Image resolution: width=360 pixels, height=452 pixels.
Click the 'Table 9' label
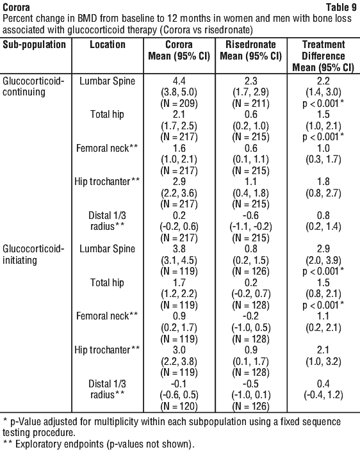(341, 6)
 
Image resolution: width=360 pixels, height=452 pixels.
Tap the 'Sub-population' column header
(35, 45)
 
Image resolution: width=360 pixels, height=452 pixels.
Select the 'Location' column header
(108, 45)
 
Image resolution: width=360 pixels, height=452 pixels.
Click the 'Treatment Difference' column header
(323, 50)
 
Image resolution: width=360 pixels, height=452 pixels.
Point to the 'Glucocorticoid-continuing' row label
(33, 86)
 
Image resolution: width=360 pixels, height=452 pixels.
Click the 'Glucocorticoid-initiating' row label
(33, 254)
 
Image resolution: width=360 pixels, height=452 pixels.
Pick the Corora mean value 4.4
(179, 81)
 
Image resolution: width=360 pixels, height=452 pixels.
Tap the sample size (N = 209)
(179, 104)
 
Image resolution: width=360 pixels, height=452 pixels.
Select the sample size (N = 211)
(251, 104)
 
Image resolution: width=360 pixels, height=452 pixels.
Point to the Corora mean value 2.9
(179, 182)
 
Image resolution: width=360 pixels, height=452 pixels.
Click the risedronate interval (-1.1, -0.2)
(251, 227)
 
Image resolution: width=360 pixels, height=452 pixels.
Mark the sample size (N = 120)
(179, 406)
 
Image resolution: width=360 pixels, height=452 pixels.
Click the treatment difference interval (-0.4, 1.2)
(323, 395)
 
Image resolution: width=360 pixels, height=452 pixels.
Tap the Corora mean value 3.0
(179, 350)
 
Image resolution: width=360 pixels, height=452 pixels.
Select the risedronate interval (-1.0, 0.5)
(251, 328)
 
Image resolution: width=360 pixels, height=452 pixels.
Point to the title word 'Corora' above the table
(16, 7)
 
